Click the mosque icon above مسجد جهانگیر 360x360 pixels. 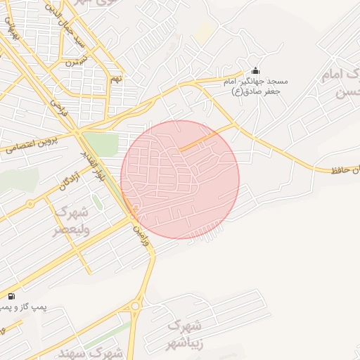255,71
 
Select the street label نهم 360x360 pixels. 115,79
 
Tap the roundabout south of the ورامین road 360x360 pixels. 136,306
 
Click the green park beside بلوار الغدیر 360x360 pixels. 103,143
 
